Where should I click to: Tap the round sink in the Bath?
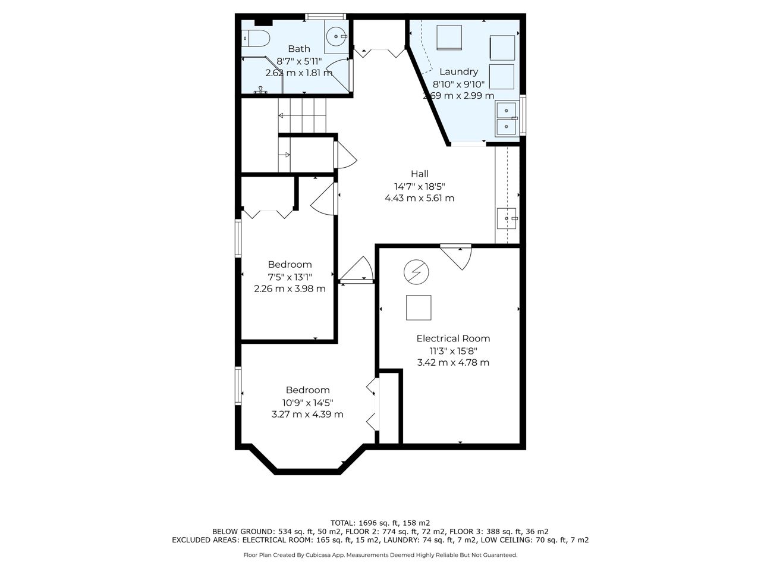(337, 36)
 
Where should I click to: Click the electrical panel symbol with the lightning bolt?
(416, 272)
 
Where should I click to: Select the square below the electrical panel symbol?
(419, 308)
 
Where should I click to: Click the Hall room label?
(420, 174)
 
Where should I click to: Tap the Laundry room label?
(458, 72)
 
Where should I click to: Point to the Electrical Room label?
(453, 338)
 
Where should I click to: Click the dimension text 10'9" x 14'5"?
(307, 403)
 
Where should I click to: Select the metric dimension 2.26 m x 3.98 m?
(290, 289)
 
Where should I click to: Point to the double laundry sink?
(507, 118)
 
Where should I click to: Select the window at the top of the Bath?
(326, 16)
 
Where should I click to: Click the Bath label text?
(299, 49)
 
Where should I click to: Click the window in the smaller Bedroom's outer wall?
(238, 238)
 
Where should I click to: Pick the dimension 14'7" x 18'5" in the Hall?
(420, 187)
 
